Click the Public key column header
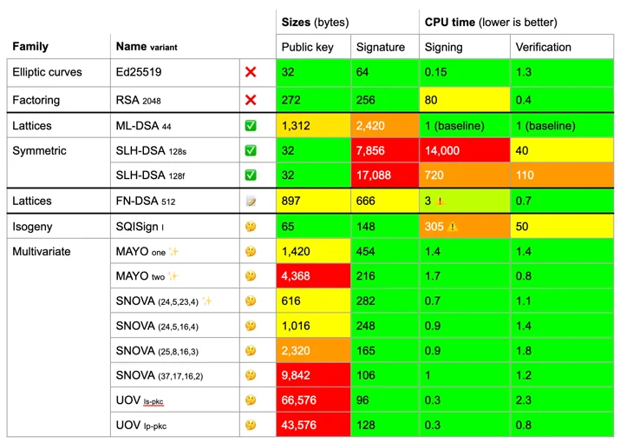(307, 47)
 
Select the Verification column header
(543, 47)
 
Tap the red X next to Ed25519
(251, 72)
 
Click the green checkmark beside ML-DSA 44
(251, 126)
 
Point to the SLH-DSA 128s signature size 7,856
(370, 150)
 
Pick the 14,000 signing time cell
(442, 150)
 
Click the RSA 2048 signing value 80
(431, 100)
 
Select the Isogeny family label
(32, 227)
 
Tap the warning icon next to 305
(453, 227)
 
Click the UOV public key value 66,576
(298, 400)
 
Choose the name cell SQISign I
(140, 227)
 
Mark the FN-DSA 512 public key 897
(290, 201)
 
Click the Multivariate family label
(41, 252)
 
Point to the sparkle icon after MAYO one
(173, 252)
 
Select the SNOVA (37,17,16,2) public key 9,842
(296, 375)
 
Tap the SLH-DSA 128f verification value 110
(525, 175)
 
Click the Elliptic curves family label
(47, 72)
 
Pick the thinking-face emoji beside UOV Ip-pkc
(251, 425)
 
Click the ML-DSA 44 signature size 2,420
(370, 126)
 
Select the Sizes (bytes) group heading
(315, 23)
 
